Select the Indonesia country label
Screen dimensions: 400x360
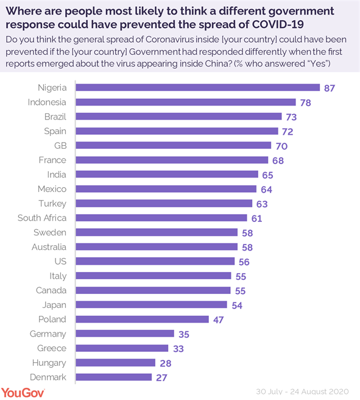click(47, 102)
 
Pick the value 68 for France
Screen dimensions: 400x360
click(278, 160)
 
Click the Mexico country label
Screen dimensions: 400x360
click(52, 189)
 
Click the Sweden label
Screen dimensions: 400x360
click(51, 232)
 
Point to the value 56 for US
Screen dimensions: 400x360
click(244, 262)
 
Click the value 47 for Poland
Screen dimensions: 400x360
click(219, 320)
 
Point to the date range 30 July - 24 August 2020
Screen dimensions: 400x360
click(303, 390)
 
